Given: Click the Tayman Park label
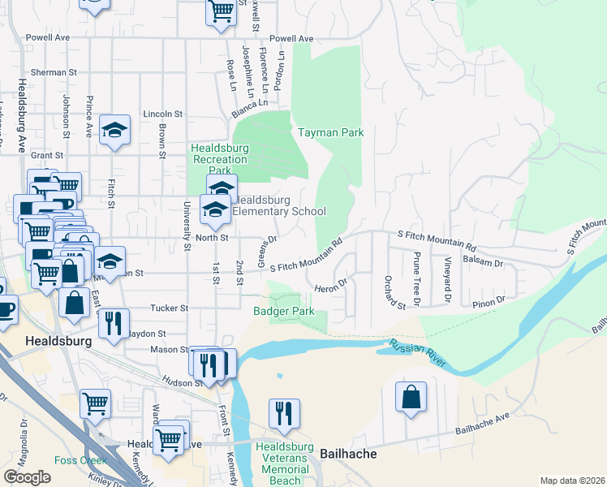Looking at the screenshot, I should tap(330, 132).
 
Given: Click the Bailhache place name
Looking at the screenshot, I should tap(348, 454).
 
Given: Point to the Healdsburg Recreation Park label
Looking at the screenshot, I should tap(219, 159).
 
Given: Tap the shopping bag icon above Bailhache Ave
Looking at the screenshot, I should tap(411, 398).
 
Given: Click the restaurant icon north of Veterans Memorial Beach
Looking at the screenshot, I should tap(284, 413).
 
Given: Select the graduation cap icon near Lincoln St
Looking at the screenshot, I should tap(114, 130).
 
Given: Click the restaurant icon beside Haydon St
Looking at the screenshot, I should tap(114, 322).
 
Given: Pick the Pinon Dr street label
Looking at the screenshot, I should tap(489, 300).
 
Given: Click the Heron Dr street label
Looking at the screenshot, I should tap(330, 285).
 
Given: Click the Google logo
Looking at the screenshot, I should tap(28, 477).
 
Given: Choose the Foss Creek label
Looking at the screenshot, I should tap(75, 460).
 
